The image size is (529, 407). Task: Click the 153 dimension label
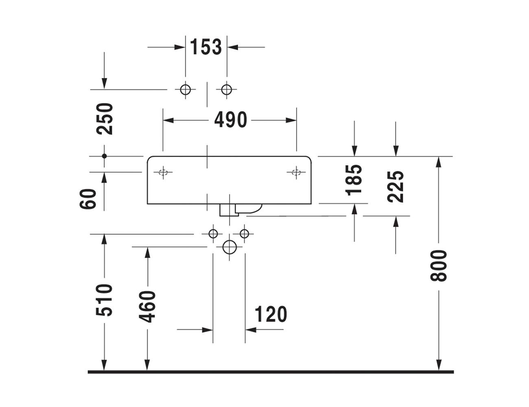[206, 47]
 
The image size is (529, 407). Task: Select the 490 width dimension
[231, 120]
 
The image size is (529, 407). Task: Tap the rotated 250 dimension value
[105, 119]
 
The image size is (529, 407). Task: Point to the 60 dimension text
[88, 198]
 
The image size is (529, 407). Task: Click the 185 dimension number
[354, 180]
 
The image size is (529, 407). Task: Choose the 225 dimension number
[396, 187]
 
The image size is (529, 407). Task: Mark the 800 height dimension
[439, 266]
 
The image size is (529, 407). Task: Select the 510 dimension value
[105, 300]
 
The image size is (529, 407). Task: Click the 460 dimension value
[147, 306]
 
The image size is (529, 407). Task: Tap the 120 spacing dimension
[271, 314]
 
